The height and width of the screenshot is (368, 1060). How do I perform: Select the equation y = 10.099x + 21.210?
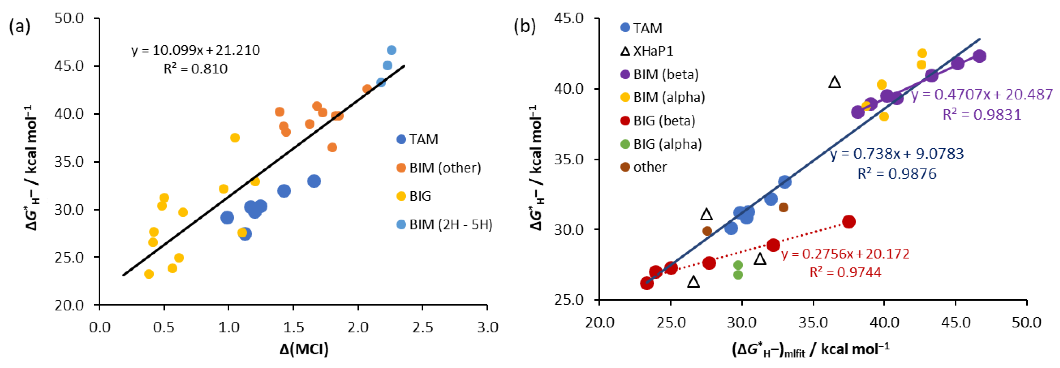pyautogui.click(x=196, y=50)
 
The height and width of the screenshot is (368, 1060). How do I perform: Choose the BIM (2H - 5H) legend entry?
pyautogui.click(x=444, y=225)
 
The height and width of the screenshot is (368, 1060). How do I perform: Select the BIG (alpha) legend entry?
pyautogui.click(x=661, y=144)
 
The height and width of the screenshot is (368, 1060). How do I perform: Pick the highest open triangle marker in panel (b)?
pyautogui.click(x=834, y=82)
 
